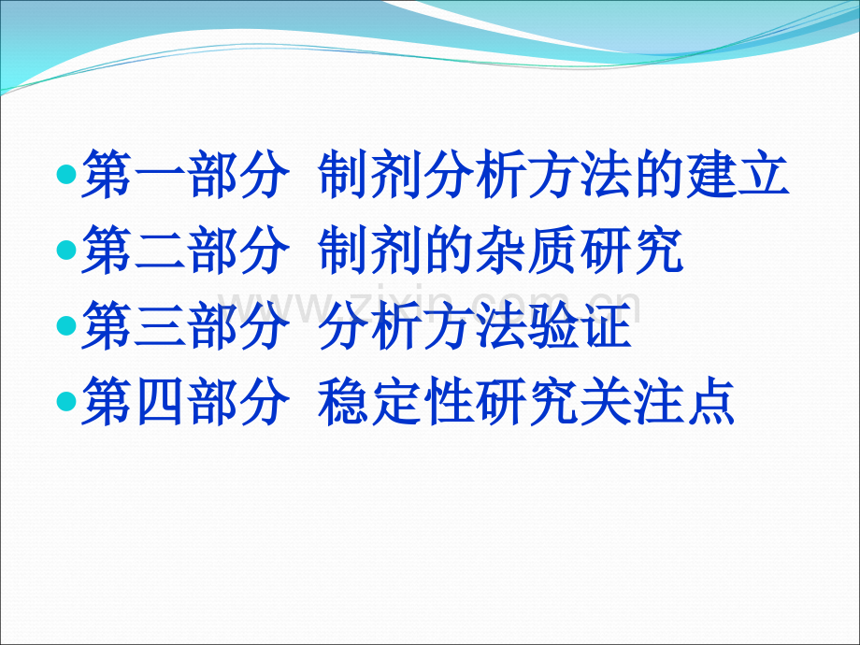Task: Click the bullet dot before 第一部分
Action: (65, 175)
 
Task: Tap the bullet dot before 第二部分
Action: (65, 251)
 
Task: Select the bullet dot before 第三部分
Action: (65, 326)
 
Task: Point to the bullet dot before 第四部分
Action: (65, 401)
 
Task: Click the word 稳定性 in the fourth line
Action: (395, 402)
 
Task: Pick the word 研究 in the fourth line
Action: (527, 402)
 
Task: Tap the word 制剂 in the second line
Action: (368, 251)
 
